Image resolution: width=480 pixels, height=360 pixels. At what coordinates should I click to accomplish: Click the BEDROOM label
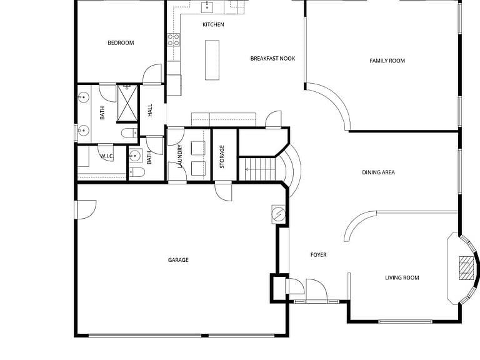click(x=121, y=43)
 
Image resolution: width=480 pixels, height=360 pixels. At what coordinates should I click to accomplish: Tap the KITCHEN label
click(x=213, y=24)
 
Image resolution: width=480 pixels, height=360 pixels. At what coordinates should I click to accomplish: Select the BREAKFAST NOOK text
click(x=272, y=59)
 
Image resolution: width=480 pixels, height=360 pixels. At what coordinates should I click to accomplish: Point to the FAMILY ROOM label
click(x=387, y=61)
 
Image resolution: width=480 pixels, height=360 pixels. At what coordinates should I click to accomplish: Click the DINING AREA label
click(x=378, y=172)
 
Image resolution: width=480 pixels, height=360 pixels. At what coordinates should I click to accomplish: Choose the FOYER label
click(x=318, y=255)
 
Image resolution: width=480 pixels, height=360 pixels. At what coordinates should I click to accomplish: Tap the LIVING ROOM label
click(x=402, y=277)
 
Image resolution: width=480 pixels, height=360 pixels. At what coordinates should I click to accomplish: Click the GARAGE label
click(x=178, y=260)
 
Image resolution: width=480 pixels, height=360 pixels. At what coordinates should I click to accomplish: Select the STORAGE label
click(x=222, y=157)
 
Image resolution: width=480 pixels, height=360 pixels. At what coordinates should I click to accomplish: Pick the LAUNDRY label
click(x=180, y=156)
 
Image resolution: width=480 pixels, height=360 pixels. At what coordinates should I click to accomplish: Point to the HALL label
click(x=150, y=110)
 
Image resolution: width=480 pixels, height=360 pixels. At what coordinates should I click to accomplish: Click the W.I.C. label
click(x=107, y=156)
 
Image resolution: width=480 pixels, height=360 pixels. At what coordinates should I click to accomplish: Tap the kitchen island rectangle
click(x=212, y=60)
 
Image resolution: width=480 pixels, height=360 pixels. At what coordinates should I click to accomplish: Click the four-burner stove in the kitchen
click(x=174, y=40)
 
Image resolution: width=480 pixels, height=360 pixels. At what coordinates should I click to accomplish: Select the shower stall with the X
click(x=127, y=103)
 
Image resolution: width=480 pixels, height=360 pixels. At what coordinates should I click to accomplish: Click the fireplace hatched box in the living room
click(x=466, y=269)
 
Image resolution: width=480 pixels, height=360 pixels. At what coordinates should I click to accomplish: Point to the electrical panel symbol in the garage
click(x=279, y=214)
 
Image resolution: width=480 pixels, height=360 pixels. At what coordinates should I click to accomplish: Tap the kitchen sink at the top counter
click(x=207, y=7)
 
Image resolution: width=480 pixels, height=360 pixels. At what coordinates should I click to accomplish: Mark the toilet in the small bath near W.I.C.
click(x=136, y=172)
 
